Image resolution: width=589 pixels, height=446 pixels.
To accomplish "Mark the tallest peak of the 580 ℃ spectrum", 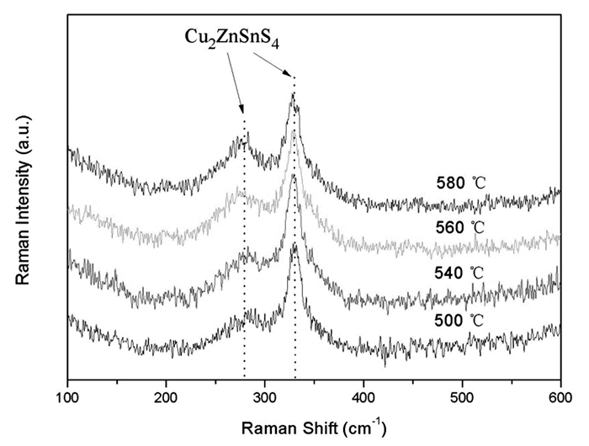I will pos(293,93).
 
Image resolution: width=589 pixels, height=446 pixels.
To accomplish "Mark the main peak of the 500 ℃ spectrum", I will pos(294,244).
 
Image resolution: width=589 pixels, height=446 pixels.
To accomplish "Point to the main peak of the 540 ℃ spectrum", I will pos(294,175).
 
